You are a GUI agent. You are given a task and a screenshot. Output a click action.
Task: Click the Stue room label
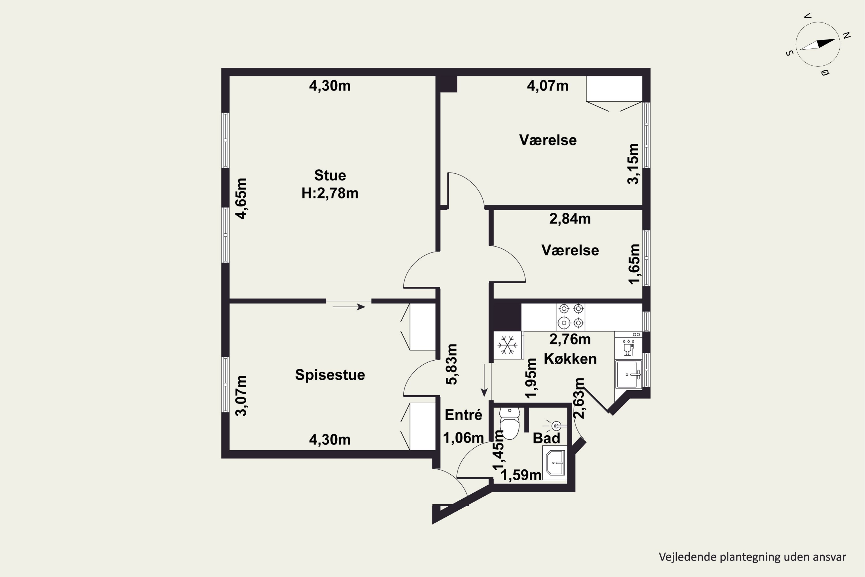tap(330, 175)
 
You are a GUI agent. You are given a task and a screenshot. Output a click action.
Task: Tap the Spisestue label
tap(330, 375)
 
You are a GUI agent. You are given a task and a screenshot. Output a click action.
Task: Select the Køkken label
tap(570, 359)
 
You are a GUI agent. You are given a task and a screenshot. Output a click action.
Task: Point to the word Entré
tap(463, 415)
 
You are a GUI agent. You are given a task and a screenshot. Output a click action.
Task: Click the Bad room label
tap(546, 438)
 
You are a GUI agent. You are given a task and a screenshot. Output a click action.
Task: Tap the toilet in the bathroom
tap(510, 423)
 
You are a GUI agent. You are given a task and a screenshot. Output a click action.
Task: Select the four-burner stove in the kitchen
tap(570, 316)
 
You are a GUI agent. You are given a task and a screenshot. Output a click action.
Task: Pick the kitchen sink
tap(629, 374)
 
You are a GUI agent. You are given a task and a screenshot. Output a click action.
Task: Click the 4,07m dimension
tap(548, 86)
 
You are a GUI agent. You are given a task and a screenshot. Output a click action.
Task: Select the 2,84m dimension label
tap(570, 219)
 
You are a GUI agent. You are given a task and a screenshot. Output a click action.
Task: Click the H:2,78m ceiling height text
tap(330, 193)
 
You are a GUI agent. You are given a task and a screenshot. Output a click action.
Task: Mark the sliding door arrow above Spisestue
tap(349, 306)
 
